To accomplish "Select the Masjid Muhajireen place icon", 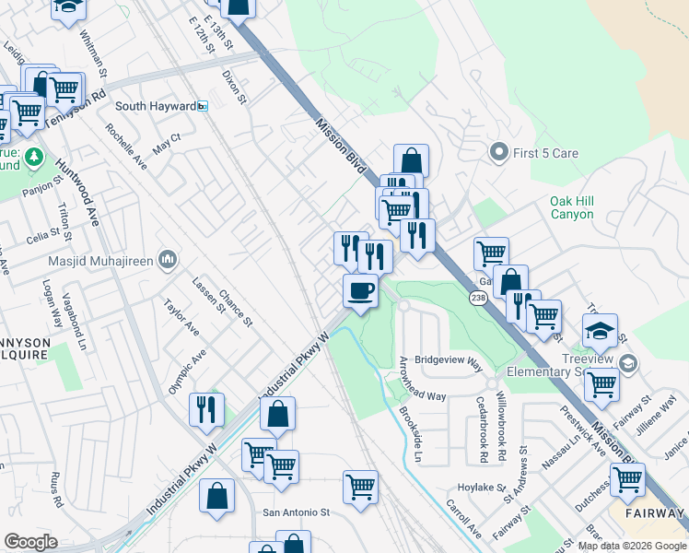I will [167, 261].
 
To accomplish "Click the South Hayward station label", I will [155, 106].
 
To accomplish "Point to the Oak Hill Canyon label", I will [585, 207].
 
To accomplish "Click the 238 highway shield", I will [477, 298].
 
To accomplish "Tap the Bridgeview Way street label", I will [449, 360].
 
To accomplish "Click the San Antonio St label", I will [296, 512].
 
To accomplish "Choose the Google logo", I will [31, 542].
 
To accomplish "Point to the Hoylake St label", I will [484, 488].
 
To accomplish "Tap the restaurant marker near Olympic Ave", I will [206, 408].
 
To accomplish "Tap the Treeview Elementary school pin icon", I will [628, 363].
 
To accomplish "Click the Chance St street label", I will [236, 308].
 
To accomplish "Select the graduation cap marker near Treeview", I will [601, 330].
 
